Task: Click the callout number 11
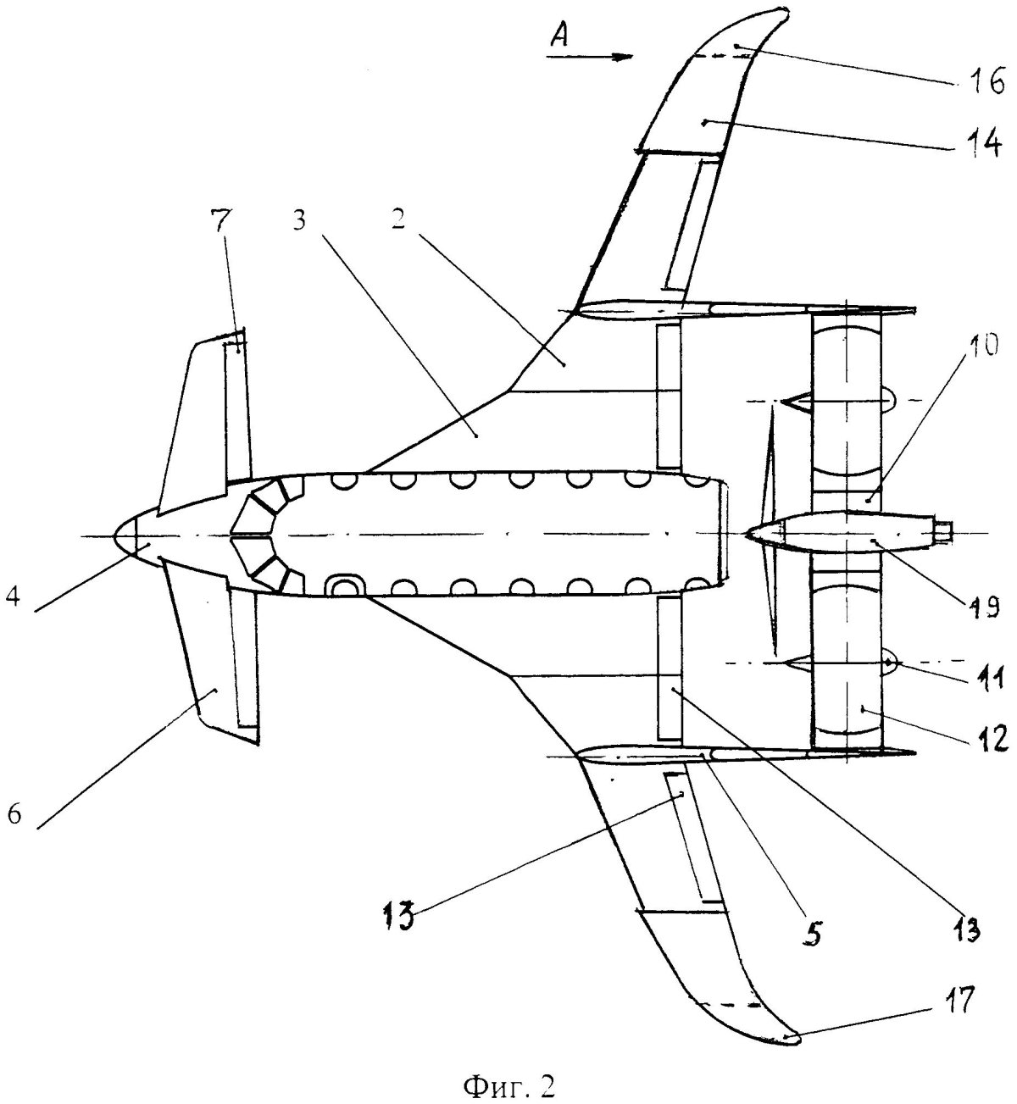[986, 674]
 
